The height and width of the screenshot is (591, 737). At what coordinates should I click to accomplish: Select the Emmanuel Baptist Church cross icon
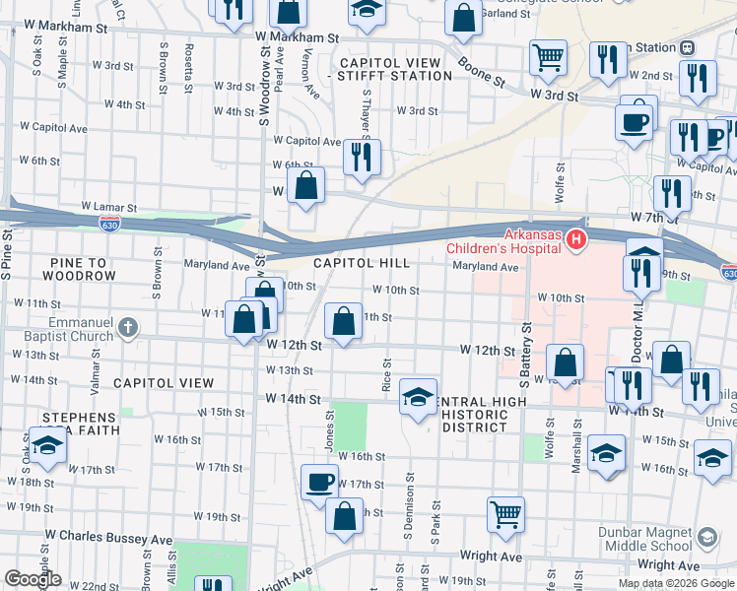click(128, 327)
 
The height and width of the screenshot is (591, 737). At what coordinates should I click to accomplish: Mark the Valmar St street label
click(96, 375)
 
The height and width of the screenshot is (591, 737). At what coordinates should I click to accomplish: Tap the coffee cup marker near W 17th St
click(318, 482)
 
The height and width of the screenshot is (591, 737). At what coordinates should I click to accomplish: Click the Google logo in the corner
click(33, 579)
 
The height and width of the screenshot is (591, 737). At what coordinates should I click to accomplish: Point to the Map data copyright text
click(676, 583)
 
